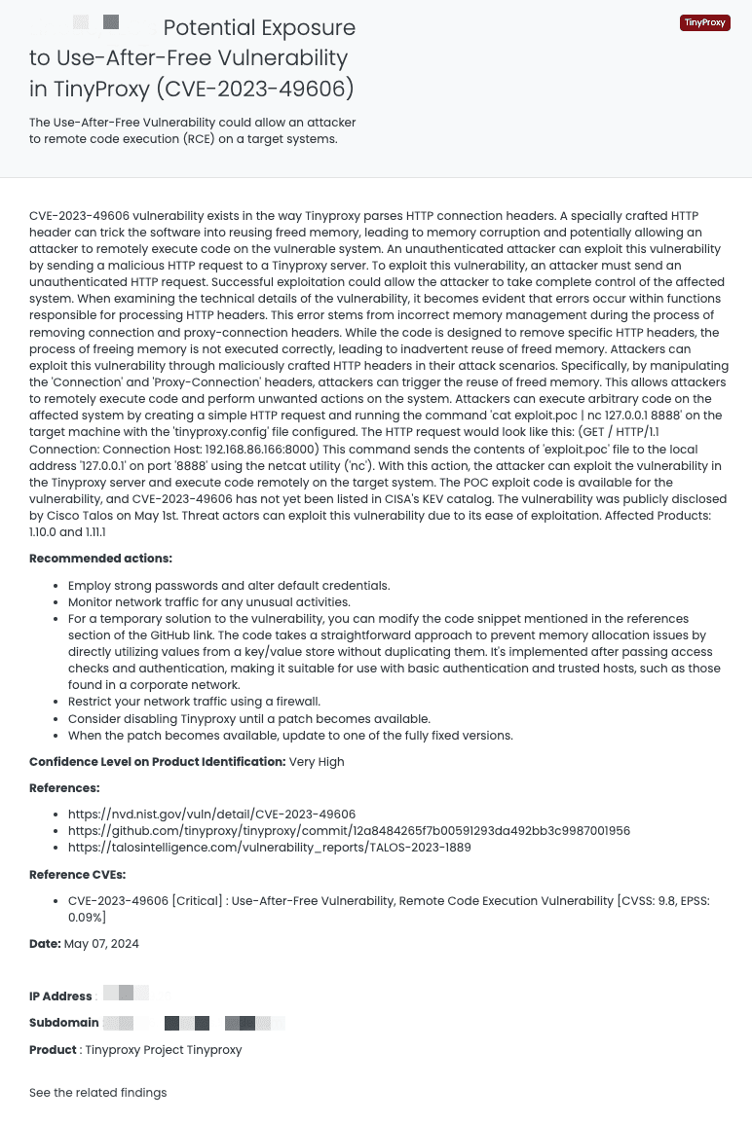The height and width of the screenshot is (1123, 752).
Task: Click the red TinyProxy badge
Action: [704, 22]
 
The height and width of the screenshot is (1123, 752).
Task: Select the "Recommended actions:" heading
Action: [100, 559]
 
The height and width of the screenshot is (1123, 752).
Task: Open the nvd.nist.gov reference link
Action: [211, 815]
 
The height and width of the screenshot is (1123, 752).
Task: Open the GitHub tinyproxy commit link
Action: [349, 831]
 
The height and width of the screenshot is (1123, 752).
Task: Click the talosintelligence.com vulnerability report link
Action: [269, 848]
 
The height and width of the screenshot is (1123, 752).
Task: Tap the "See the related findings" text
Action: [97, 1093]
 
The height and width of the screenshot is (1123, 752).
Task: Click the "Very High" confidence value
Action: [317, 762]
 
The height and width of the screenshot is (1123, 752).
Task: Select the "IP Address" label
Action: [60, 996]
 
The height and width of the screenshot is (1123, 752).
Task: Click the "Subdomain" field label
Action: [63, 1023]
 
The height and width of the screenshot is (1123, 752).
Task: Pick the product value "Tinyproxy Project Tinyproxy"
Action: [163, 1050]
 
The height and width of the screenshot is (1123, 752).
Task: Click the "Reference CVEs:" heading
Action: [77, 875]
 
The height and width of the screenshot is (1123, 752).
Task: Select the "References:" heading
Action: [64, 788]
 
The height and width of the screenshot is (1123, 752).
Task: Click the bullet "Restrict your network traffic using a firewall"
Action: [194, 702]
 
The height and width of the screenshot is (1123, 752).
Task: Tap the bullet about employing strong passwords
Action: [229, 586]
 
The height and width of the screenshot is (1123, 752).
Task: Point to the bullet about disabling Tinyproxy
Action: [248, 719]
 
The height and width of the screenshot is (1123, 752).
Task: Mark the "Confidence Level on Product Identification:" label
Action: [157, 762]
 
